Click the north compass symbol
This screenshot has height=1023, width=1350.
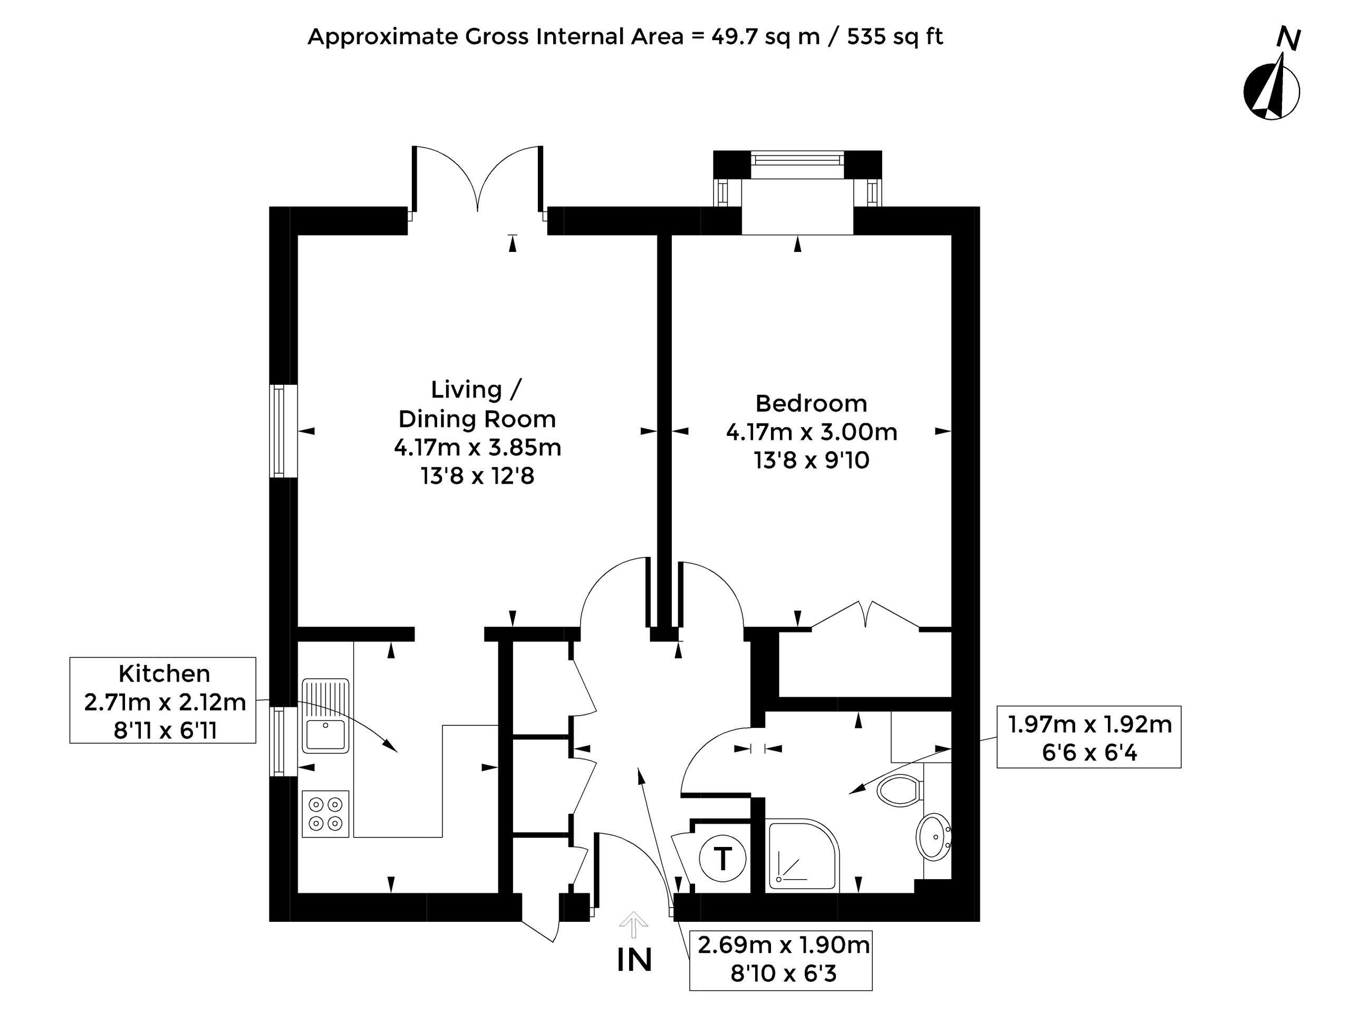tap(1271, 85)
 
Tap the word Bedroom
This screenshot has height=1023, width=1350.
tap(811, 403)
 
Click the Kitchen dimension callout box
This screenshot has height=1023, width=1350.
tap(163, 700)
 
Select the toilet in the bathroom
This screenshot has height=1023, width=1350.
tap(899, 790)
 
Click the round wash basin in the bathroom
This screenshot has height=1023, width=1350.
tap(934, 836)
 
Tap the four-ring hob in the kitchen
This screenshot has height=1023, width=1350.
tap(325, 814)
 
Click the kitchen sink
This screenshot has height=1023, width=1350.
tap(325, 716)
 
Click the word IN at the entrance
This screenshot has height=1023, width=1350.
tap(634, 960)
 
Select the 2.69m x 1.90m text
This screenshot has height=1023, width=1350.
tap(783, 945)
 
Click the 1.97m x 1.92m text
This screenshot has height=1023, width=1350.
tap(1089, 724)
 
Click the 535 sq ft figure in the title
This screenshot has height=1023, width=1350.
tap(895, 36)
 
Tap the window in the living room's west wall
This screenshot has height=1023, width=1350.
tap(284, 431)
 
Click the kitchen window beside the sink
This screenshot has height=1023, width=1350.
tap(284, 741)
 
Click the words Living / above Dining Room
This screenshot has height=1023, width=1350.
tap(476, 389)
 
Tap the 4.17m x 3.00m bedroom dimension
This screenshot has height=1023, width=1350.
tap(812, 432)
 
